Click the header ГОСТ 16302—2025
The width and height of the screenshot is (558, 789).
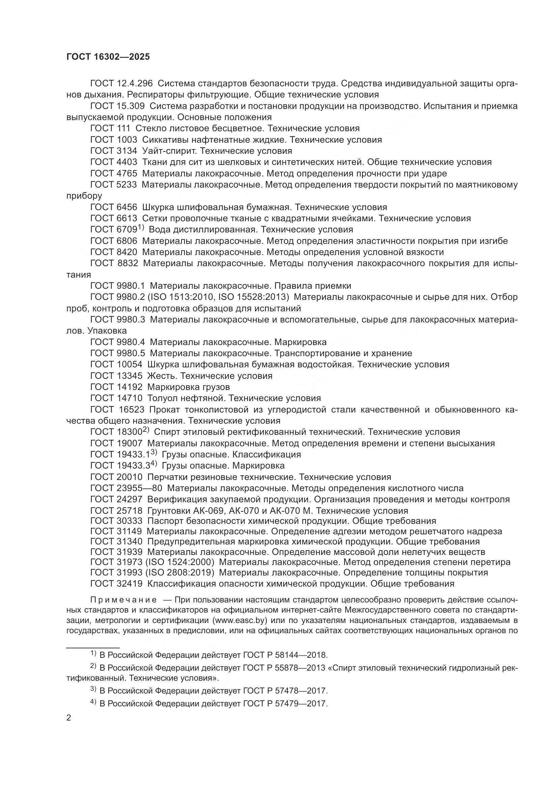[108, 57]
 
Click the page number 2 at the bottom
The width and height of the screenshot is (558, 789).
[69, 718]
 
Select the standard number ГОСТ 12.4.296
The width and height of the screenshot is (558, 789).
[121, 84]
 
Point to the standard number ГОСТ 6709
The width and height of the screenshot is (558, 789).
[114, 230]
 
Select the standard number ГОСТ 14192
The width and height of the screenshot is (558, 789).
[116, 387]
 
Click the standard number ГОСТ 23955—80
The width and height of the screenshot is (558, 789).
[126, 488]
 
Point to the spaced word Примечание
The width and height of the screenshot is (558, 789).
[123, 600]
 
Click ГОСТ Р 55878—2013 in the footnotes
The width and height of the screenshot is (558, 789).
[282, 668]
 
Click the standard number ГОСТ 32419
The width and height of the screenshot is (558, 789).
[116, 584]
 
